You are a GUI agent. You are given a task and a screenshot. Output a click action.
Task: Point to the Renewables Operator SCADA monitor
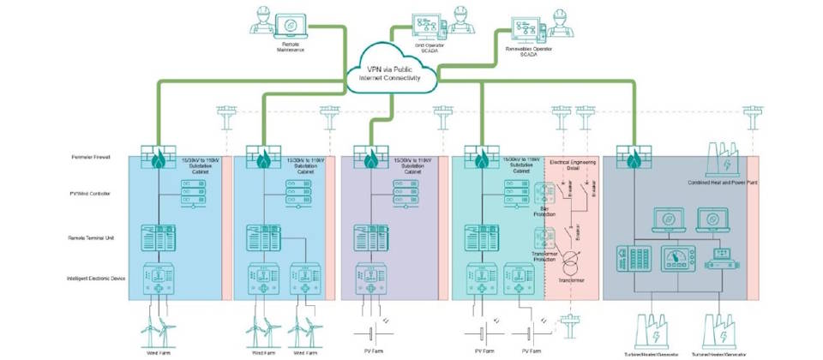point(525,29)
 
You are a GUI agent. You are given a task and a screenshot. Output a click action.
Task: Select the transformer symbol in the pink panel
point(576,260)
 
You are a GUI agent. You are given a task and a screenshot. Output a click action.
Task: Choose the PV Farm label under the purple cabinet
point(371,352)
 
